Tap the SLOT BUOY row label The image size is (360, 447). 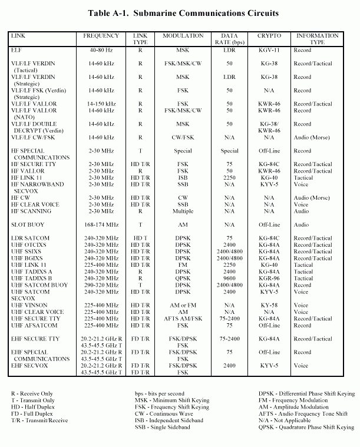[x=27, y=224]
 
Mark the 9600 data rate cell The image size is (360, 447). [x=229, y=277]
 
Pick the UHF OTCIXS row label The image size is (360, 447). [x=27, y=244]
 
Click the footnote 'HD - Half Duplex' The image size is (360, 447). [x=34, y=407]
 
